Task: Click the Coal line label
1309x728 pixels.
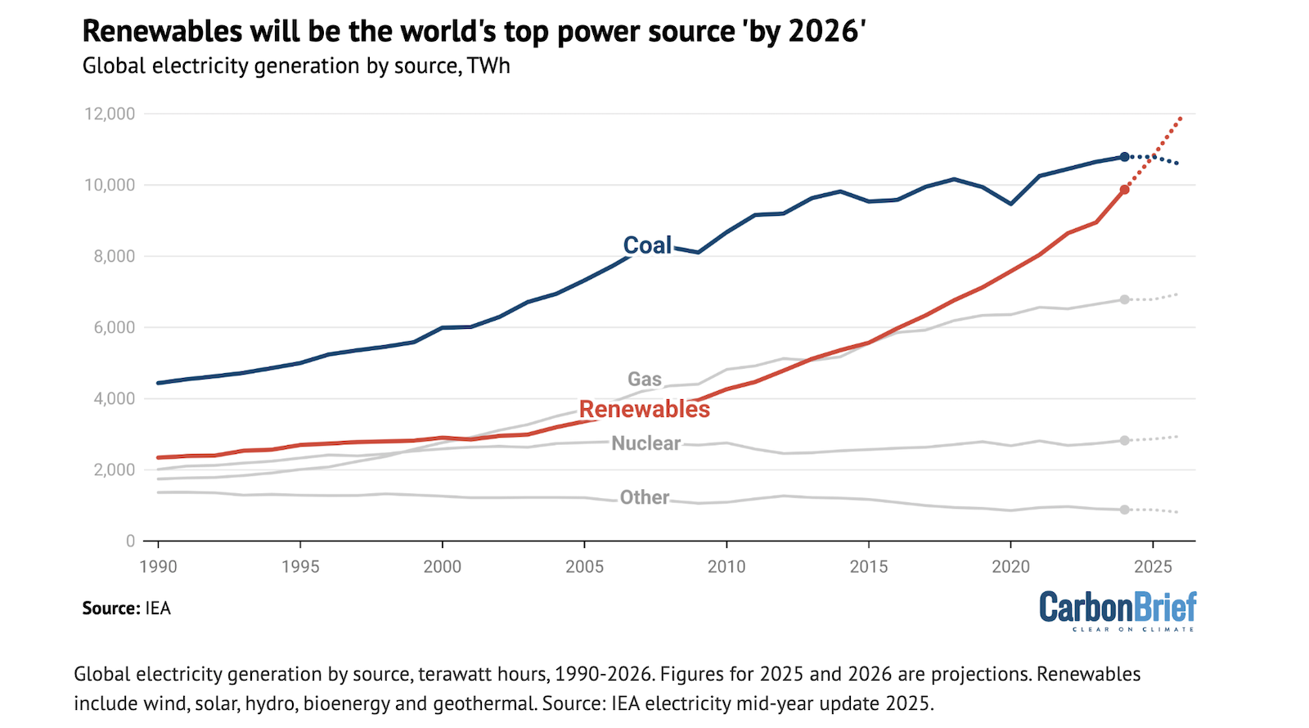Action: (647, 245)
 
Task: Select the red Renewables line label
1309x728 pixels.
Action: (645, 409)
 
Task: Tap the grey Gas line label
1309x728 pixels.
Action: (645, 380)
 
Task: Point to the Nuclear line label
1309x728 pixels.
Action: (646, 443)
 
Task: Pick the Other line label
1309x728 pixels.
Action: (645, 497)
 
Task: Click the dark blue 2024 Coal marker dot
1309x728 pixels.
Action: (1125, 157)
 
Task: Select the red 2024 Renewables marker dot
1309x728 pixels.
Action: (1125, 190)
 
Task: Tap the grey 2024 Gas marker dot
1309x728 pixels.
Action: (1125, 300)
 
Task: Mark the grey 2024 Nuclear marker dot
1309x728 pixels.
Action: (1125, 441)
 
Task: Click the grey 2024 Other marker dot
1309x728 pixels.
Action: (1125, 510)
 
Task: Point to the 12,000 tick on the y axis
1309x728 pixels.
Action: (110, 114)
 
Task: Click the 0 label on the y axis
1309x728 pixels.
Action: (130, 541)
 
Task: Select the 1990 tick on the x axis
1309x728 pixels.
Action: (158, 566)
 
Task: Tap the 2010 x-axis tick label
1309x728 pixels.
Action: (726, 566)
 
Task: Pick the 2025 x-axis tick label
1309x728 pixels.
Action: (1153, 566)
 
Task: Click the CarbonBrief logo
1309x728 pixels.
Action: (1118, 610)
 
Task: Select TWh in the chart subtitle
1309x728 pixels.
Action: (488, 66)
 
